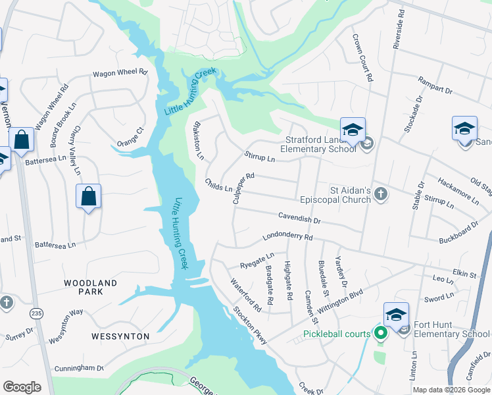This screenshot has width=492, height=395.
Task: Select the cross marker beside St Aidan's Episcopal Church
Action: [x=381, y=194]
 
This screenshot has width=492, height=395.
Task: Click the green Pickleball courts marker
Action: [x=380, y=333]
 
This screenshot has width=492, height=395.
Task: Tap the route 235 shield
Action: [x=36, y=314]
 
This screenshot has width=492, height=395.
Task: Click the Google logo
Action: [x=22, y=387]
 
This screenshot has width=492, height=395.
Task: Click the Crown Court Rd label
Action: [x=362, y=58]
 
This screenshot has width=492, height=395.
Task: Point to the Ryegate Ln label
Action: [x=258, y=259]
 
